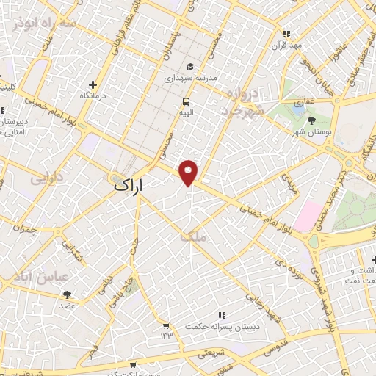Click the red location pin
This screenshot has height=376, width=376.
click(189, 172)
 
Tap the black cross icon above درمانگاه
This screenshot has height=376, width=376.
click(92, 84)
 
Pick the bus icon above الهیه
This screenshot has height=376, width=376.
click(187, 102)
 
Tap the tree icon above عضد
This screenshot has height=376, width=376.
click(68, 294)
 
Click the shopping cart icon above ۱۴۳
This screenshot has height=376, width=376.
click(166, 325)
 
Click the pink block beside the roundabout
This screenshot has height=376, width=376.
click(308, 215)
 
